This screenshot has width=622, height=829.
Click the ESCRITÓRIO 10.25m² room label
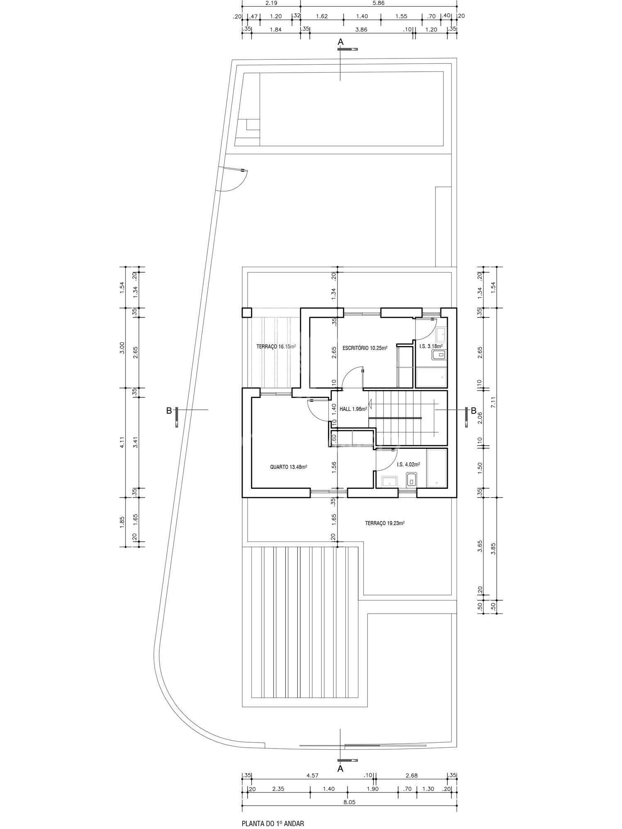365,348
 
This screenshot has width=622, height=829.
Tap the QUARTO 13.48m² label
289,467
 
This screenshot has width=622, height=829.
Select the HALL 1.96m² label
353,409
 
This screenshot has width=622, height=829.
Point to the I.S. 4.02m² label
408,464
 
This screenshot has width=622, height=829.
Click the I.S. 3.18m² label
431,346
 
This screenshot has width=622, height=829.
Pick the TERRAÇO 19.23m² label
385,523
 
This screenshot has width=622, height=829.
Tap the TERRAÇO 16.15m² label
276,346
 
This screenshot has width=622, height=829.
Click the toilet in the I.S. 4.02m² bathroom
411,480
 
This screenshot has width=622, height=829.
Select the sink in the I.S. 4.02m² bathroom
389,481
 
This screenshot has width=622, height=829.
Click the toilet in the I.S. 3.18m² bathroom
439,355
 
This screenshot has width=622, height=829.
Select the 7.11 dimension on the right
493,402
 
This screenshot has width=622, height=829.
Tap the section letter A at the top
340,41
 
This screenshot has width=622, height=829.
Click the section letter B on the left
169,410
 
